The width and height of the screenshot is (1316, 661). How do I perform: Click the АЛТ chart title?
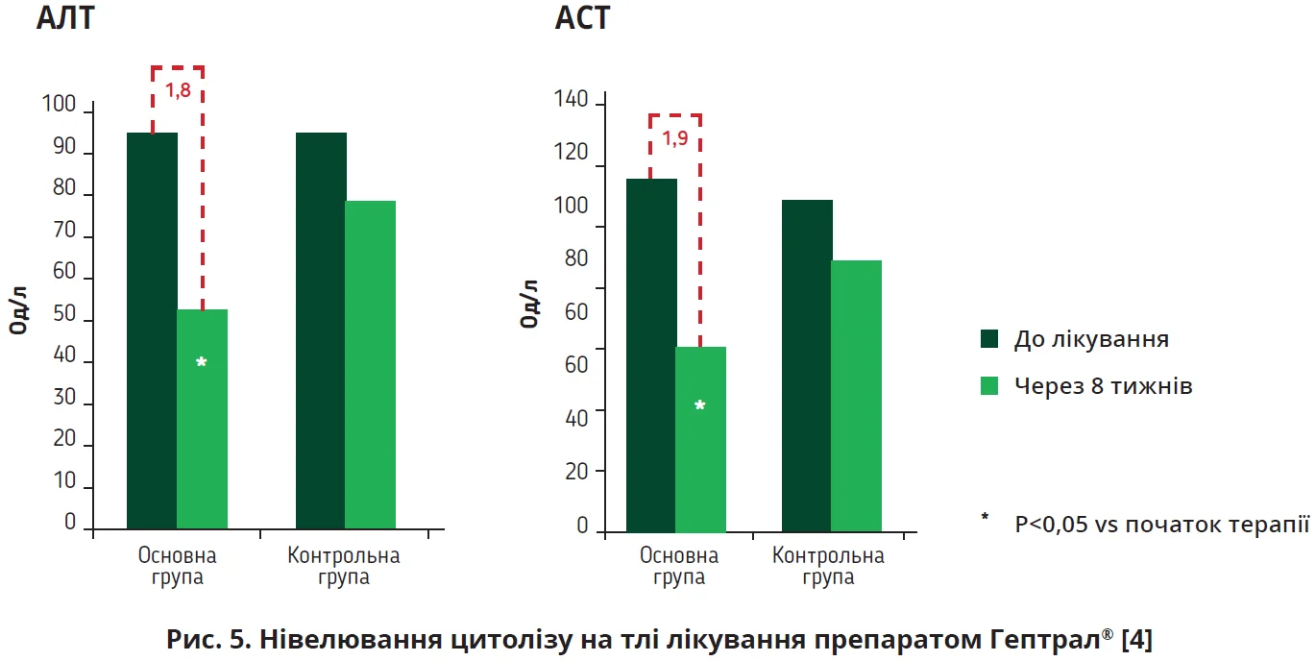coord(65,18)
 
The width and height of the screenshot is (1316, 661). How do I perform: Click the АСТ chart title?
coord(582,18)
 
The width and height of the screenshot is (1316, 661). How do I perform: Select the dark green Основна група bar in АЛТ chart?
coord(152,330)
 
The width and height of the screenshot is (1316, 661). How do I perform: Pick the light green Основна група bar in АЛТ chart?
coord(202,419)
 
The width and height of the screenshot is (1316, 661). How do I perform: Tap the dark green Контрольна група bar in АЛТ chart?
coord(321,330)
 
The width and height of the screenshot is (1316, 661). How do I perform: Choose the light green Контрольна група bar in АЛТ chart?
coord(371,365)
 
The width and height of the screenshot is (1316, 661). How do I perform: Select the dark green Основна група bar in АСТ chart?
coord(651,355)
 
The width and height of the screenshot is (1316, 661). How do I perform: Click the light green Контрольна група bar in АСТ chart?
coord(856,396)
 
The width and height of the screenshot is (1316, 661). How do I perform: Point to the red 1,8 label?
coord(178,92)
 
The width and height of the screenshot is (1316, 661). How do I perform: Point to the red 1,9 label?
coord(674,138)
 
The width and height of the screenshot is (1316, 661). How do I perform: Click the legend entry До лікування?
coord(1091,339)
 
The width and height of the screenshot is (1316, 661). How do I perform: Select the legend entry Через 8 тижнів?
coord(1104,386)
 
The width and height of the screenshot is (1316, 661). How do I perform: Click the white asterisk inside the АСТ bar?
coord(699,406)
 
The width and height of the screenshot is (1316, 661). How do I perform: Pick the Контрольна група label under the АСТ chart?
coord(828,567)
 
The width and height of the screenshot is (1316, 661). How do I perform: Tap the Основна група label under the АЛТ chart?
coord(177,567)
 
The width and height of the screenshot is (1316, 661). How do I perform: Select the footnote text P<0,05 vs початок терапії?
coord(1161,525)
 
